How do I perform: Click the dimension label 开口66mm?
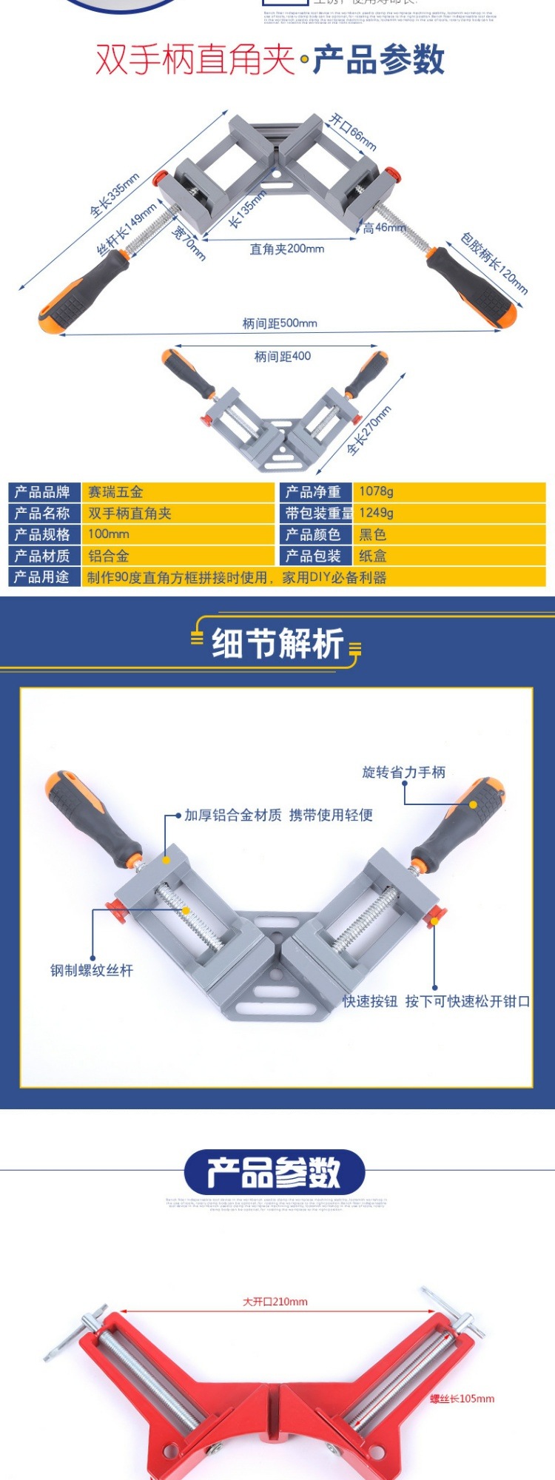(353, 132)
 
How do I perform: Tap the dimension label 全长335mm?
(114, 195)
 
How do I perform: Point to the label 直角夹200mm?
(287, 249)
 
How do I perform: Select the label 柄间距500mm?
(280, 323)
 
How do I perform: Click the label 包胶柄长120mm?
(494, 263)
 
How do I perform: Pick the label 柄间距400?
(283, 357)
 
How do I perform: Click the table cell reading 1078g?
(376, 491)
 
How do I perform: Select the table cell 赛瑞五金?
(115, 492)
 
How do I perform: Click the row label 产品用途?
(42, 577)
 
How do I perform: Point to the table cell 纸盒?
(373, 556)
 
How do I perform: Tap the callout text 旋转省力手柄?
(403, 773)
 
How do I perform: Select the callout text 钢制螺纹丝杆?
(92, 970)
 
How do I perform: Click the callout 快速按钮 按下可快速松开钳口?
(436, 1001)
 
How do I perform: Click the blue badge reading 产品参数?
(275, 1172)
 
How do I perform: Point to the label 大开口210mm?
(275, 1302)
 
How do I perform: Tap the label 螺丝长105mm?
(462, 1399)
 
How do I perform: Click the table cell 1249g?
(376, 513)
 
